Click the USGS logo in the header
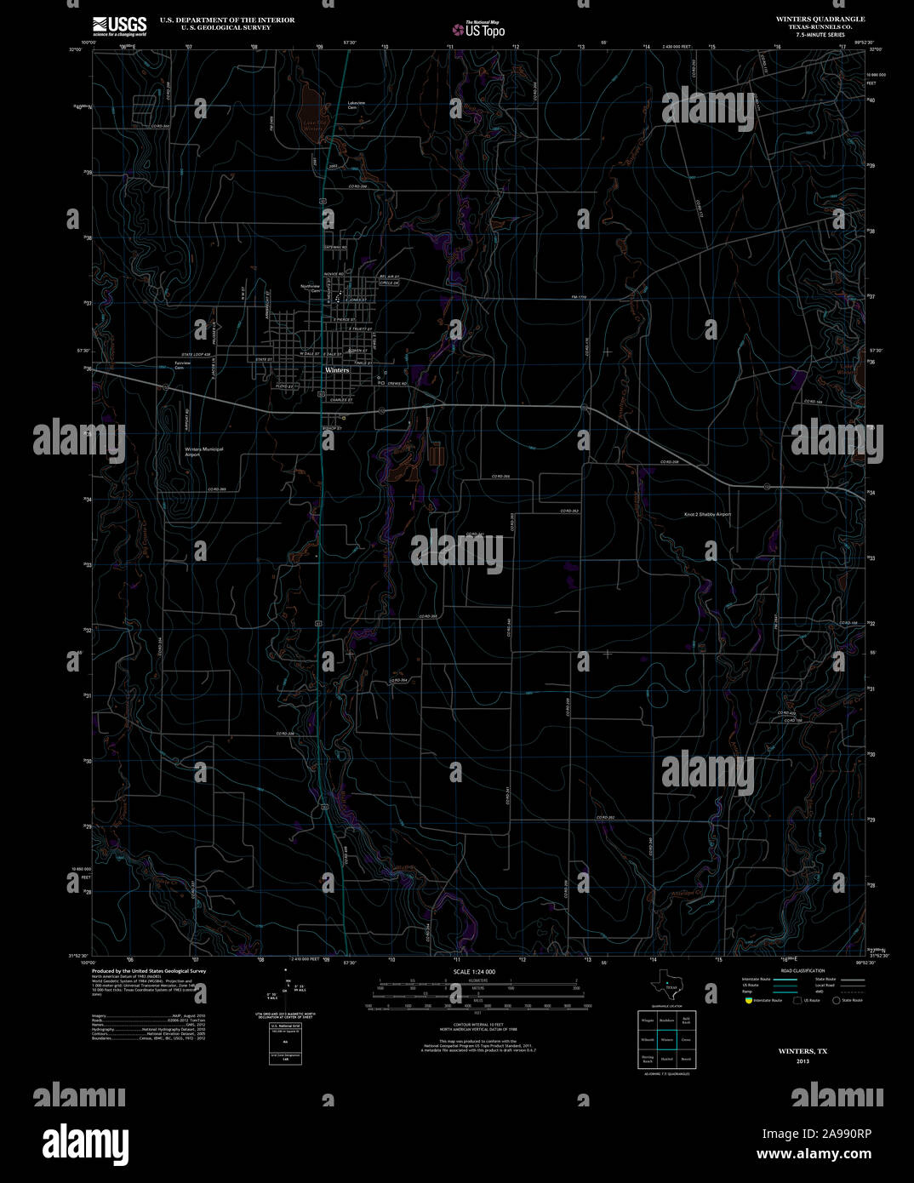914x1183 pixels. pyautogui.click(x=119, y=26)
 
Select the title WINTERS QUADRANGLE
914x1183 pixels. pyautogui.click(x=820, y=19)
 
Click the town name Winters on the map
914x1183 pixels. pyautogui.click(x=337, y=370)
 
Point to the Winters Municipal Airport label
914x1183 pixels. pyautogui.click(x=204, y=452)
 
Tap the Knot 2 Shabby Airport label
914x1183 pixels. pyautogui.click(x=707, y=514)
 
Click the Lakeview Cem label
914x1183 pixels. pyautogui.click(x=357, y=105)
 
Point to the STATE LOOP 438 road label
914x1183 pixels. pyautogui.click(x=196, y=354)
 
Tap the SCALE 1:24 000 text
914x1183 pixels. pyautogui.click(x=474, y=971)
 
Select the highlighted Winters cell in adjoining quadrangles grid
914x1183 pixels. pyautogui.click(x=666, y=1039)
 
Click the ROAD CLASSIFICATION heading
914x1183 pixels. pyautogui.click(x=803, y=971)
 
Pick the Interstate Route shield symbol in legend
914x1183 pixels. pyautogui.click(x=748, y=1001)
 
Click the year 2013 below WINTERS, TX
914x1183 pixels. pyautogui.click(x=803, y=1061)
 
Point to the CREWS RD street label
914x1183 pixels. pyautogui.click(x=397, y=384)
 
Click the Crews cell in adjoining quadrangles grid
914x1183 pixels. pyautogui.click(x=686, y=1039)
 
